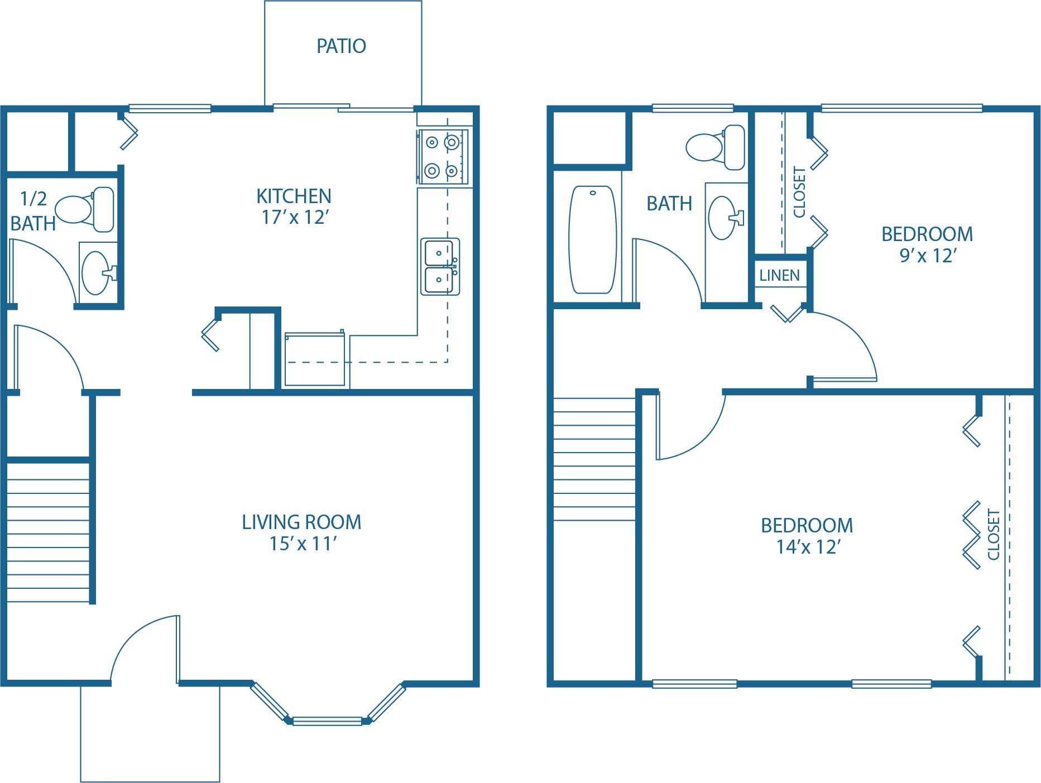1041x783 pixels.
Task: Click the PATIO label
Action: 341,46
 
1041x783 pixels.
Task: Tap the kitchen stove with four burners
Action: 443,157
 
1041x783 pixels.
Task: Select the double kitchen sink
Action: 440,266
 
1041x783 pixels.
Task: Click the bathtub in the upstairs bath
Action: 592,239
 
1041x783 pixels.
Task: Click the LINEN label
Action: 779,275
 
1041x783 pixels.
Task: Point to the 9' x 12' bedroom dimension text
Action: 928,256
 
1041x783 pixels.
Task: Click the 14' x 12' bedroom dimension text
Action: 808,547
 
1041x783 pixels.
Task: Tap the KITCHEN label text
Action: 294,196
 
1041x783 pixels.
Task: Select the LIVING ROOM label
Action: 301,522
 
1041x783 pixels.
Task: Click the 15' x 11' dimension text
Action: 303,544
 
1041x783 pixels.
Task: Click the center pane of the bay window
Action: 328,721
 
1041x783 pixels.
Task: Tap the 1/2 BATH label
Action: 33,211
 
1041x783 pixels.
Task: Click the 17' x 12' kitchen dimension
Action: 295,217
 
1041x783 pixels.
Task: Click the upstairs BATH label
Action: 669,204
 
